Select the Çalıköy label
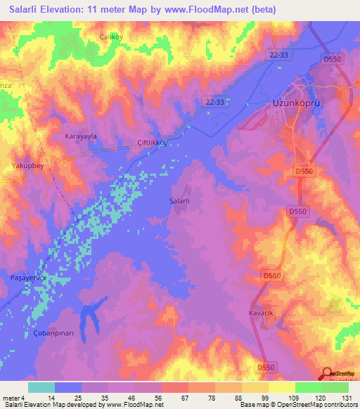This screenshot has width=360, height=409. tap(112, 37)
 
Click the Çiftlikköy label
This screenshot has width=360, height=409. tap(152, 142)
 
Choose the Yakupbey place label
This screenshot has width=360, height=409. tap(27, 167)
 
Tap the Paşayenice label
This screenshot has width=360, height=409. tap(28, 278)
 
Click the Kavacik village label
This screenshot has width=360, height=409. tap(260, 312)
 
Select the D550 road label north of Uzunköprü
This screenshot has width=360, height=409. tap(333, 60)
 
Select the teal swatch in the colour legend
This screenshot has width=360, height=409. tap(41, 387)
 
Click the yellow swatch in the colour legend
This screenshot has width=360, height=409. tap(281, 387)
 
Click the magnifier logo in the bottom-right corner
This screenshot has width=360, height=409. tap(327, 375)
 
